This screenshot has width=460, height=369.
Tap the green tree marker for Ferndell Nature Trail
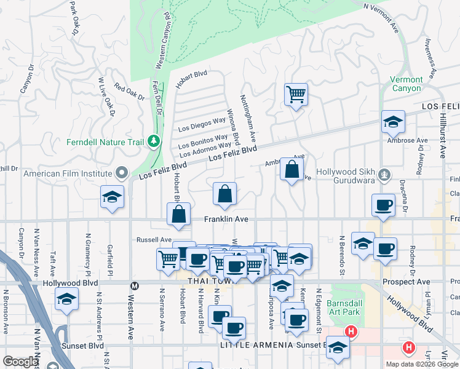[153, 142]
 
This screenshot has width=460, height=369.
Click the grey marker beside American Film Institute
[121, 173]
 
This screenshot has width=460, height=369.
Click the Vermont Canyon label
[406, 84]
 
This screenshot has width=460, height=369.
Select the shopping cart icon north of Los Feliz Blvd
[296, 95]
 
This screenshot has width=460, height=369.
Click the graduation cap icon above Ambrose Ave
[392, 122]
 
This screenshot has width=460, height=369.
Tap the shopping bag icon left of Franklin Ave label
[178, 215]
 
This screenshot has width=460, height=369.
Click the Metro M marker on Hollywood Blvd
[134, 285]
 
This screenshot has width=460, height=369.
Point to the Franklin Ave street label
[226, 219]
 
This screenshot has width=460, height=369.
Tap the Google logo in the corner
[20, 362]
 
